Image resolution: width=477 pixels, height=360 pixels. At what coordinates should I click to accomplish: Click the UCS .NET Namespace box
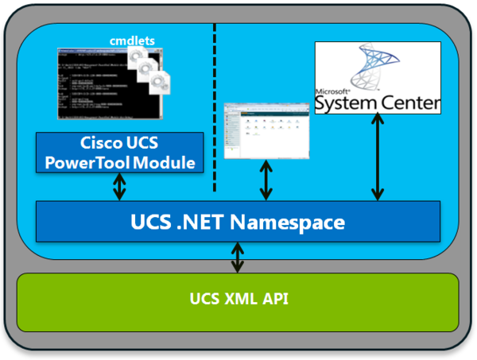pos(238,222)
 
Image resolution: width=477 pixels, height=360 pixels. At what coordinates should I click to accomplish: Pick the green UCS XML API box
pos(238,300)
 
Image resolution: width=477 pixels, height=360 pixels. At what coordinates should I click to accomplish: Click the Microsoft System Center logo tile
pos(377,77)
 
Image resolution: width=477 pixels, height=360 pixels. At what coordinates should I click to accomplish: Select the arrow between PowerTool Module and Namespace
pos(119,187)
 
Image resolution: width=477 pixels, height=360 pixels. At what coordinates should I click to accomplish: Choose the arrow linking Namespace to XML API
pos(238,258)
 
